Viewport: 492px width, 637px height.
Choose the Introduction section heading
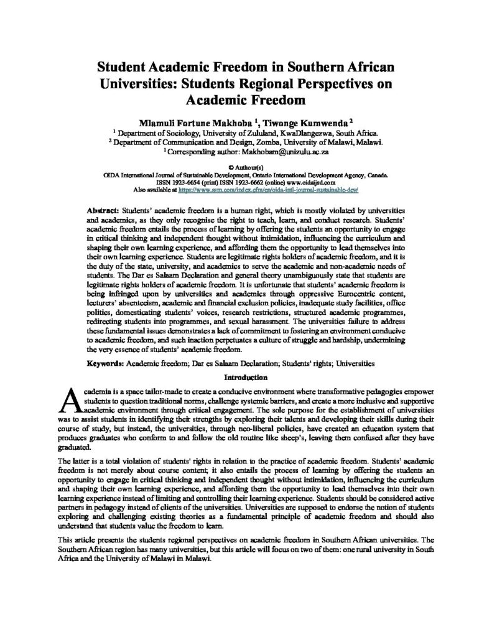(x=246, y=377)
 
